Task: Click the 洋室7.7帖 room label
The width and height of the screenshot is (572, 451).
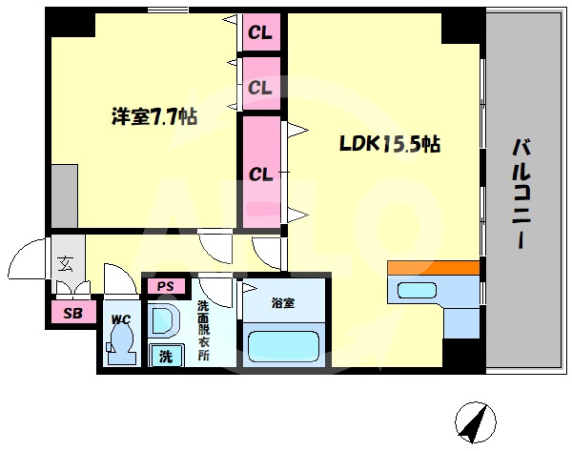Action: pyautogui.click(x=154, y=116)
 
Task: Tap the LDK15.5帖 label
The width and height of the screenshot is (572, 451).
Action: pyautogui.click(x=390, y=144)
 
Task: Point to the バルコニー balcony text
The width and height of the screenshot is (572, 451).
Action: pyautogui.click(x=521, y=194)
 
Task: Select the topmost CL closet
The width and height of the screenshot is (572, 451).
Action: pyautogui.click(x=261, y=32)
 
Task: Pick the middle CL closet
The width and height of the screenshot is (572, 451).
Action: pyautogui.click(x=261, y=84)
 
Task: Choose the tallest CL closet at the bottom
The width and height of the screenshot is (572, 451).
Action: pyautogui.click(x=261, y=173)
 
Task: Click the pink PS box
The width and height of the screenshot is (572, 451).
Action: pyautogui.click(x=166, y=286)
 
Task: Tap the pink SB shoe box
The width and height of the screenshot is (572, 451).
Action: pyautogui.click(x=73, y=313)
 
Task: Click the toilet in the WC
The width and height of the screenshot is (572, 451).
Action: pyautogui.click(x=121, y=343)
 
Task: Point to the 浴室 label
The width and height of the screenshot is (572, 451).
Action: pyautogui.click(x=283, y=303)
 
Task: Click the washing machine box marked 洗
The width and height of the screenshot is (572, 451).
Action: pyautogui.click(x=166, y=356)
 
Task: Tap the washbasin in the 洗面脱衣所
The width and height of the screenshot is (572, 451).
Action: pyautogui.click(x=164, y=318)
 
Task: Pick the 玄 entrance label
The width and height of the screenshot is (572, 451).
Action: pyautogui.click(x=66, y=263)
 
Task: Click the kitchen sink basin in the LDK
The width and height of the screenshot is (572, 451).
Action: pyautogui.click(x=417, y=291)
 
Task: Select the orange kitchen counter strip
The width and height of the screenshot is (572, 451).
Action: pyautogui.click(x=434, y=268)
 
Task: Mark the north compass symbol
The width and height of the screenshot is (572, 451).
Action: pyautogui.click(x=476, y=422)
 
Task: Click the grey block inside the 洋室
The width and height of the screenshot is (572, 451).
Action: pyautogui.click(x=65, y=196)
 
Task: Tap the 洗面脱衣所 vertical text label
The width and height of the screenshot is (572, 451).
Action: pyautogui.click(x=203, y=330)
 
